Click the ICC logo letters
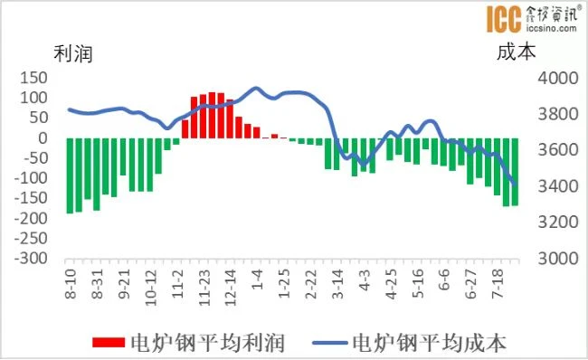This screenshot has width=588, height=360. (x=504, y=19)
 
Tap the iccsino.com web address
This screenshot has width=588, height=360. (x=552, y=28)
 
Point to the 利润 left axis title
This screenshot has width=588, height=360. (x=73, y=53)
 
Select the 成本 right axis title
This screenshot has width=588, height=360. (x=517, y=52)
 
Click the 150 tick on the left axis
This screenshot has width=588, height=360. (x=33, y=78)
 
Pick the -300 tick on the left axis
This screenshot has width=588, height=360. (x=31, y=258)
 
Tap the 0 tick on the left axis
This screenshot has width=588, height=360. (x=43, y=137)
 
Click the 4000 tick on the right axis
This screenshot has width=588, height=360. (x=558, y=78)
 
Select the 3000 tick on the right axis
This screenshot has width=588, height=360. (x=558, y=259)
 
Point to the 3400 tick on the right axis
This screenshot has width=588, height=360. (x=558, y=186)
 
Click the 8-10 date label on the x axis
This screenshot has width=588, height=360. (x=71, y=283)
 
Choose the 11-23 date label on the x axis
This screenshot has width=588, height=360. (x=204, y=288)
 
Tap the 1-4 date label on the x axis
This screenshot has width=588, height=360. (x=258, y=279)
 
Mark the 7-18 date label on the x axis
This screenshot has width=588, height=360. (x=498, y=283)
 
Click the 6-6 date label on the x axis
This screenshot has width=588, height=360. (x=445, y=279)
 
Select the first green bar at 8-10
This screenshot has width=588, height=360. (x=70, y=175)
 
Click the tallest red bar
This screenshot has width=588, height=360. (x=212, y=115)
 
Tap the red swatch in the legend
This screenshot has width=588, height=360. (x=109, y=343)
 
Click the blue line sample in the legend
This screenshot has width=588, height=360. (x=330, y=343)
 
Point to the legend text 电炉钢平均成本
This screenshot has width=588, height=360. (x=430, y=343)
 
